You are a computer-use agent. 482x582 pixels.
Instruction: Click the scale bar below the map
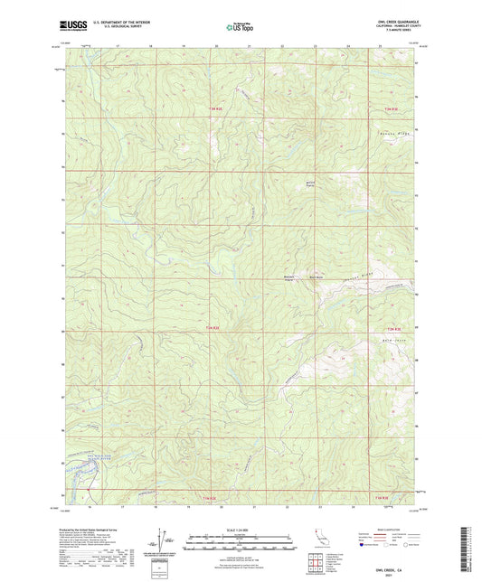(x=240, y=545)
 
